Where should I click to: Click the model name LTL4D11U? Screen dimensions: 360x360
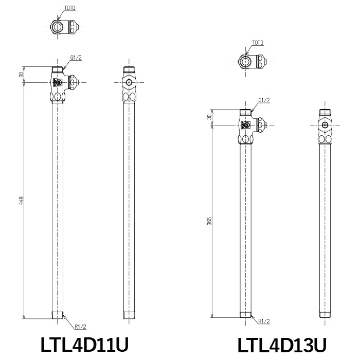pos(84,345)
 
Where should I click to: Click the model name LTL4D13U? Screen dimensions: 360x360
pos(282,345)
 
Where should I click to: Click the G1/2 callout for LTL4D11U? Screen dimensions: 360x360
pos(76,58)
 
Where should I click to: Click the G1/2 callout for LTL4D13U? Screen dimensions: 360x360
pos(264,100)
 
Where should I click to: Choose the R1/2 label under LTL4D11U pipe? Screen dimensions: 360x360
pos(80,326)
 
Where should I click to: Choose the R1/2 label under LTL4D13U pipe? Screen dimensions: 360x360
pos(264,321)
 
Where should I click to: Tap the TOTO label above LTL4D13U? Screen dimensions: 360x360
pos(258,43)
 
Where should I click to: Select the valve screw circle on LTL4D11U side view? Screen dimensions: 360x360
pos(129,82)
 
